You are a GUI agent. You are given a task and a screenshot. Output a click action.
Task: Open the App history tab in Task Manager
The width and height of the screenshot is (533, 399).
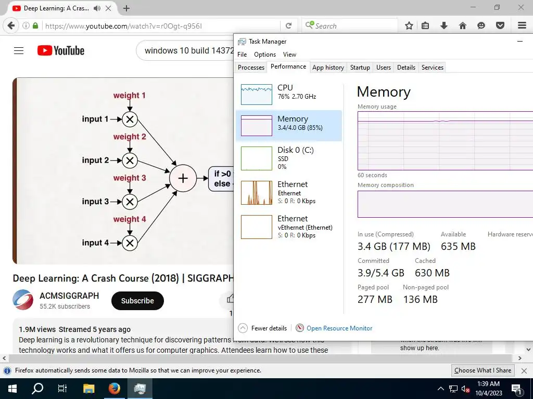click(328, 68)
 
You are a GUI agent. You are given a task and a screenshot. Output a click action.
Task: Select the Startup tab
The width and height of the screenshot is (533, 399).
click(360, 68)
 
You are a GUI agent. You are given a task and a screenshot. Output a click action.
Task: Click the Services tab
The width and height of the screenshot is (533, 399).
click(432, 68)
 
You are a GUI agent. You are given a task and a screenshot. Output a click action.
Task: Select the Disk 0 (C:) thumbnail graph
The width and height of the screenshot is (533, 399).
click(257, 158)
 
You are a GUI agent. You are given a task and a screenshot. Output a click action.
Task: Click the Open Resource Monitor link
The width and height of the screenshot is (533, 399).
click(339, 328)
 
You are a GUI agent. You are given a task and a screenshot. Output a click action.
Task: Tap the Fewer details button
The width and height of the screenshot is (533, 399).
click(263, 328)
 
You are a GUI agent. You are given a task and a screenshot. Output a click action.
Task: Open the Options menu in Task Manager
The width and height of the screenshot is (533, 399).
click(265, 55)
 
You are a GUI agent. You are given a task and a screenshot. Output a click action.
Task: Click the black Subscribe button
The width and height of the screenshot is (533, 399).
click(137, 301)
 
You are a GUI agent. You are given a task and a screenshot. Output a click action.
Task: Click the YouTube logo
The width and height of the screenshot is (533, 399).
click(61, 50)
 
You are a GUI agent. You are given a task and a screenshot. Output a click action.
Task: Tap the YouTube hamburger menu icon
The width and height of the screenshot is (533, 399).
click(19, 50)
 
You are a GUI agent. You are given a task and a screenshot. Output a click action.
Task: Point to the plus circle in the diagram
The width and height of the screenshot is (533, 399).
click(183, 178)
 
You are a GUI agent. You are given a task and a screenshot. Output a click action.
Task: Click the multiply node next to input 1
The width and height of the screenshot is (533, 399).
click(130, 119)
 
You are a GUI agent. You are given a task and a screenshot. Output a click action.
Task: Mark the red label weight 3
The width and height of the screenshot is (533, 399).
click(130, 178)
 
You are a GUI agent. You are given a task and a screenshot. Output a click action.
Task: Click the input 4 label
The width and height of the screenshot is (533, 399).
click(95, 243)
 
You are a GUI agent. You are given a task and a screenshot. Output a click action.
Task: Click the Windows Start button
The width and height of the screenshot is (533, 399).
click(12, 389)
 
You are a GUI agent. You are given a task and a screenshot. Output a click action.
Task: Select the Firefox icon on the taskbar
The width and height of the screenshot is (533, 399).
click(114, 389)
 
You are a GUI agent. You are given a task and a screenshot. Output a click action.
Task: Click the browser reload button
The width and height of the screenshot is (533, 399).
click(288, 25)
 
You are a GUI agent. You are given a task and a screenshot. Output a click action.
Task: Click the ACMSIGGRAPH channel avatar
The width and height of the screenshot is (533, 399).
click(23, 300)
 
